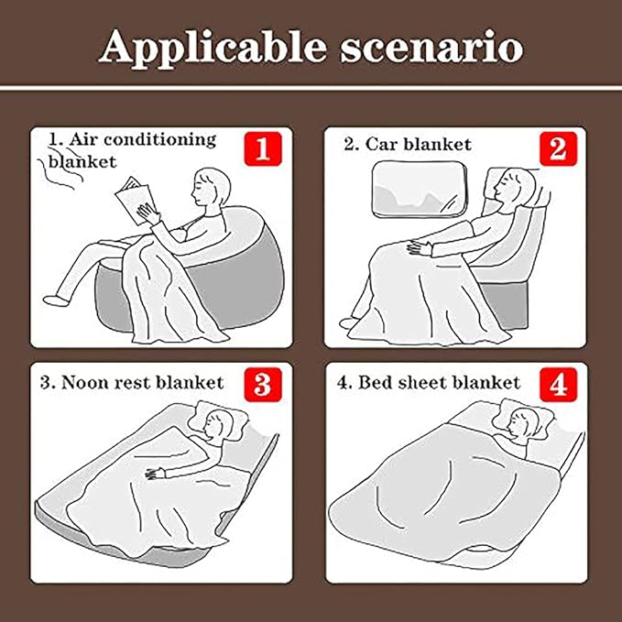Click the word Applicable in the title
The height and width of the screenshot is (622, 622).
click(213, 49)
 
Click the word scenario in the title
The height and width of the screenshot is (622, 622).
click(432, 49)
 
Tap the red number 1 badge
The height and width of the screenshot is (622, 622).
click(263, 149)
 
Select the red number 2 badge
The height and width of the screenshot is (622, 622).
click(558, 148)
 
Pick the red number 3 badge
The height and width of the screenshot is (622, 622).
click(263, 385)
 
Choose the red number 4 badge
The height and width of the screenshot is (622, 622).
click(559, 385)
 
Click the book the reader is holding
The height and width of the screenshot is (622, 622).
click(134, 200)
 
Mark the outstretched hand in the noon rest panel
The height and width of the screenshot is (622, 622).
click(155, 474)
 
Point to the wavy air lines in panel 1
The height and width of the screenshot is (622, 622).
click(60, 168)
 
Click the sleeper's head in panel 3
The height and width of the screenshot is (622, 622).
click(219, 425)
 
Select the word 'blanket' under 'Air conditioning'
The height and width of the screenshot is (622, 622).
click(82, 161)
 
